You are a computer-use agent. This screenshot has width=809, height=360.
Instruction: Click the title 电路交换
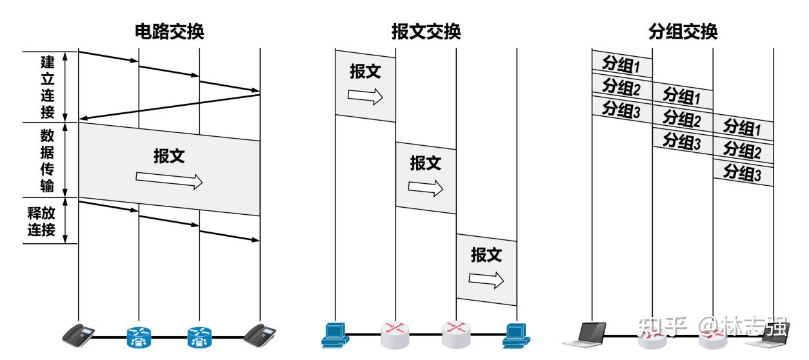point(169,32)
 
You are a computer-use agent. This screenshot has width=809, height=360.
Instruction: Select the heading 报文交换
point(426,32)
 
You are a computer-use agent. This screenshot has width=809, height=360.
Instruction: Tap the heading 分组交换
point(683,32)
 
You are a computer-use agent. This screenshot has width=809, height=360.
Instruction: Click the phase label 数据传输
point(48,160)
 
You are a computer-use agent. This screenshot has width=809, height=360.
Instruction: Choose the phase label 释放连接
point(41,221)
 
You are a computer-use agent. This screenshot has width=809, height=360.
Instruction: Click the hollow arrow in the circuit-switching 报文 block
point(169,181)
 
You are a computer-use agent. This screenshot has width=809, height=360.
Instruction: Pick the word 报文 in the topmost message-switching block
point(365,71)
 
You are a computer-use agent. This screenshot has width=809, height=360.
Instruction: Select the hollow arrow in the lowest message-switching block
point(486,279)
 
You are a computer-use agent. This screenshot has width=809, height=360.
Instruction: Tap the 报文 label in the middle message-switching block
point(426,163)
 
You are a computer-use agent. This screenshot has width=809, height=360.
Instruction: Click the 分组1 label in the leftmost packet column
point(621,64)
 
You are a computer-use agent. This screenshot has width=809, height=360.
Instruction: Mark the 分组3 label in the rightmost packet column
point(743,172)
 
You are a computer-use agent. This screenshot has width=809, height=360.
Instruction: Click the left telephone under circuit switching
point(79,333)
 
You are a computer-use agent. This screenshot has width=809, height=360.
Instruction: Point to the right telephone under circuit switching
point(260,333)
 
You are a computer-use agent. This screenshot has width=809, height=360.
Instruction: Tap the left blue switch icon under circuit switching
point(139,335)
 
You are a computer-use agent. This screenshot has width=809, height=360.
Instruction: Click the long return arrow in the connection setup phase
point(169,107)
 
